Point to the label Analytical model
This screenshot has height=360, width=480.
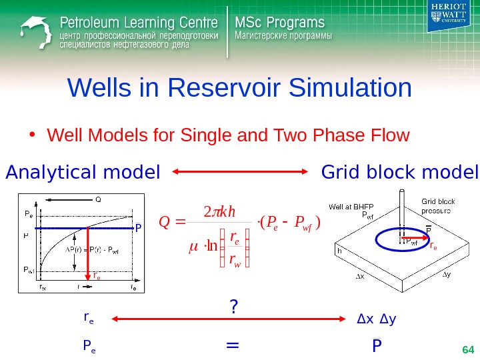83,173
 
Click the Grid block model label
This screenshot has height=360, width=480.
399,173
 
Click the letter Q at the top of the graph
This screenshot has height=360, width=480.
98,199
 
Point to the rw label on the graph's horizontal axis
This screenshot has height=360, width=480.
43,287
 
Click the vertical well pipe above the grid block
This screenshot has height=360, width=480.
401,207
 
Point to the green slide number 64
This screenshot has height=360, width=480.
467,349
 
